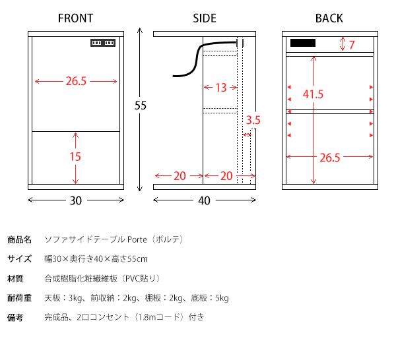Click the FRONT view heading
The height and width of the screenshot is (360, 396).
click(75, 18)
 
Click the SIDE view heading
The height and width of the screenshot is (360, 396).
click(205, 18)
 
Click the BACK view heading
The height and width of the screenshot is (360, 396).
click(329, 18)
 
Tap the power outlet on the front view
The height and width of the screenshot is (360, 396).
click(103, 44)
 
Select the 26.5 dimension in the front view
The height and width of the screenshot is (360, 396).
click(76, 82)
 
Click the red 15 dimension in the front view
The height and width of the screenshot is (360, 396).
click(76, 157)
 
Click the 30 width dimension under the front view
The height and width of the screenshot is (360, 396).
click(76, 201)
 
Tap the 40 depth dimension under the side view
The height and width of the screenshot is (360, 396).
click(204, 201)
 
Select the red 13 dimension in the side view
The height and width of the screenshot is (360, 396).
click(220, 88)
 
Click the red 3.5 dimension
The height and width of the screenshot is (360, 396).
click(253, 121)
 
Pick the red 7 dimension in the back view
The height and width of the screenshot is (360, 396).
click(352, 45)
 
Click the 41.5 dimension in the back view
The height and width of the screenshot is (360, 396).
click(313, 94)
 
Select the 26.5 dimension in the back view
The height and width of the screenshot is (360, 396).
click(329, 158)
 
